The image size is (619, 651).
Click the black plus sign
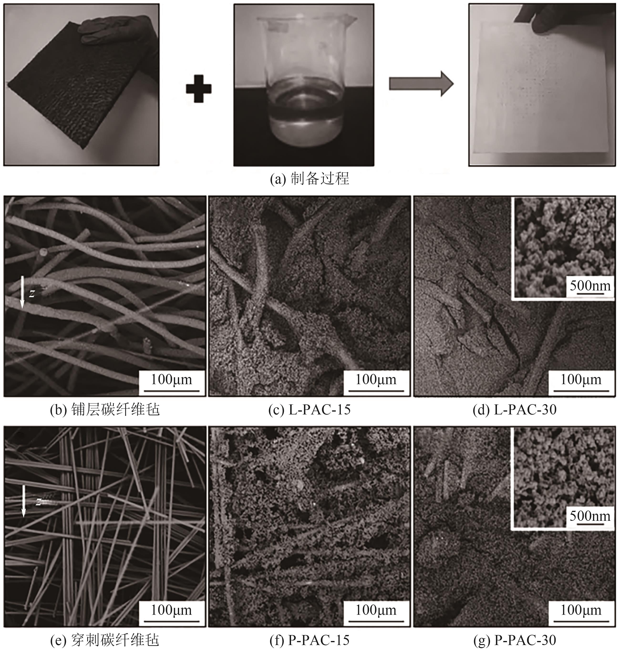pyautogui.click(x=199, y=89)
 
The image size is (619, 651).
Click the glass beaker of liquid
pyautogui.click(x=304, y=83)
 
